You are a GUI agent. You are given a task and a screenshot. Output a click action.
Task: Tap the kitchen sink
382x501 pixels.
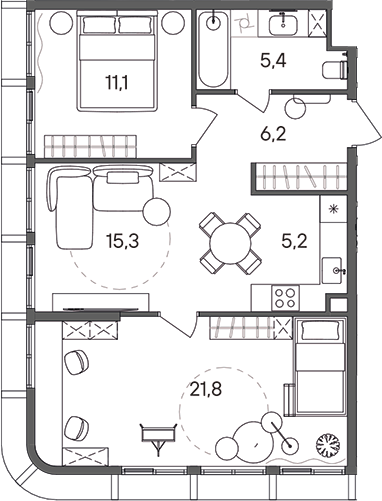335,269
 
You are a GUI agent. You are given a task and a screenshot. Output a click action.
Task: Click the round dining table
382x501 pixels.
219,239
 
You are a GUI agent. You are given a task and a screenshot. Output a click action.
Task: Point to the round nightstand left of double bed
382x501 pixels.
58,21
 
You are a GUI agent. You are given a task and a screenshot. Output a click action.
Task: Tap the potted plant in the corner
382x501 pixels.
327,443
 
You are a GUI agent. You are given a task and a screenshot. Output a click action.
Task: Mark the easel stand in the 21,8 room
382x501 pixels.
155,436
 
